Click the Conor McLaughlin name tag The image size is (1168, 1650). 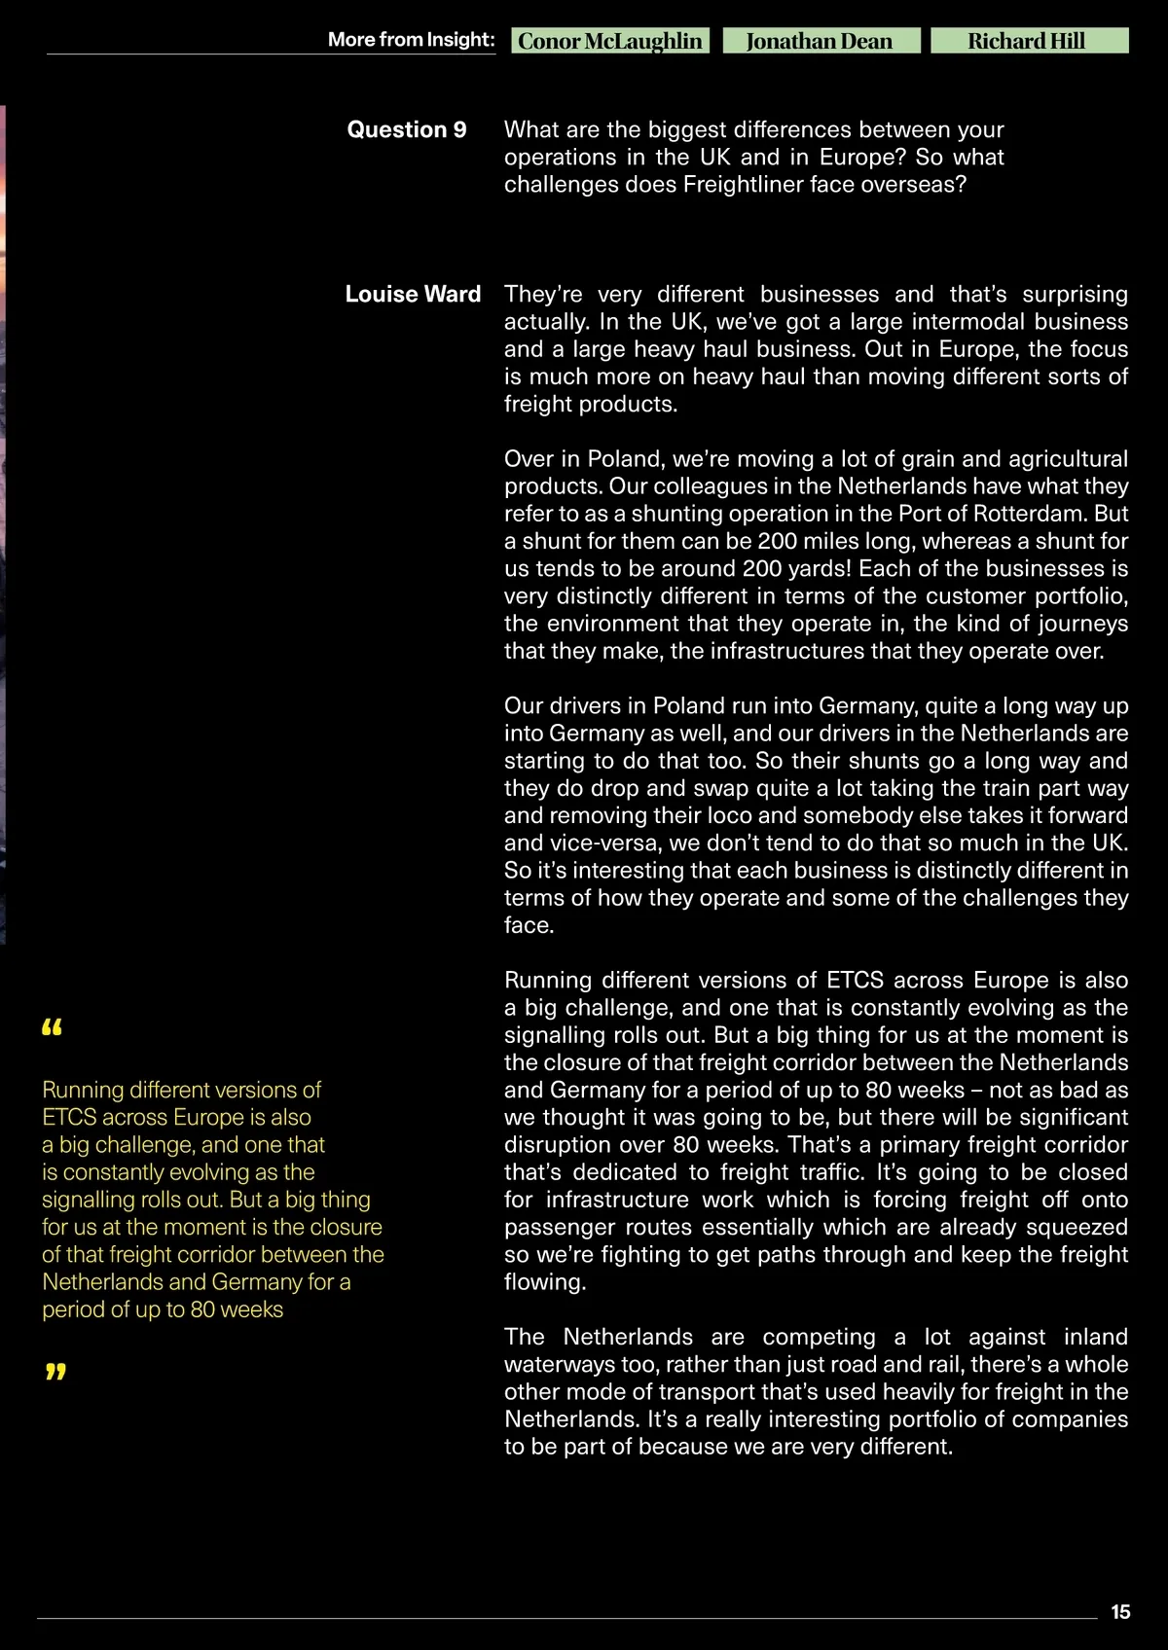609,41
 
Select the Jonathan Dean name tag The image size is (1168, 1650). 820,41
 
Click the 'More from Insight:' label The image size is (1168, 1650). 411,40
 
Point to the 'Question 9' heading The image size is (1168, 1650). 407,129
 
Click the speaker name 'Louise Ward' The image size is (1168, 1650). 413,294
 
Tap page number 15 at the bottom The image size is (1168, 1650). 1120,1612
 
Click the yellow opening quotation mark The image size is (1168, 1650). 53,1027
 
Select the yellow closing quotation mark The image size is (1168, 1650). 55,1372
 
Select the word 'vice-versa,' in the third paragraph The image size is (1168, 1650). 602,843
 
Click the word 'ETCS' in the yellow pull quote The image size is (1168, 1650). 69,1117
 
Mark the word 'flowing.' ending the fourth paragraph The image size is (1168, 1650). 545,1282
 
